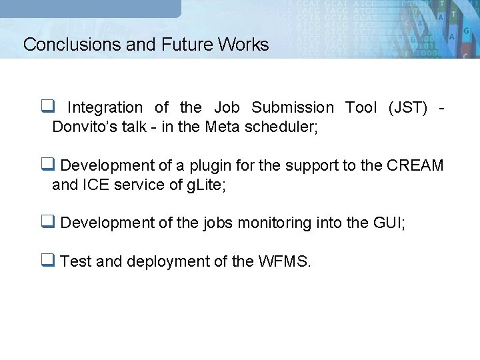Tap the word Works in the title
[x=242, y=45]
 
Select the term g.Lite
[x=202, y=185]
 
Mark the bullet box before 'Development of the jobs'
[x=47, y=222]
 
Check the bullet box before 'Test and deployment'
[x=47, y=261]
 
